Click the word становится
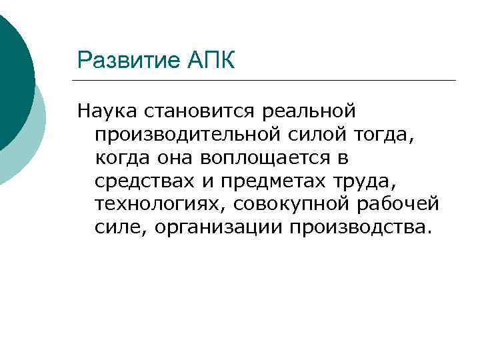pos(197,111)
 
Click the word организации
pos(217,228)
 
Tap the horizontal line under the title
pos(267,81)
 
